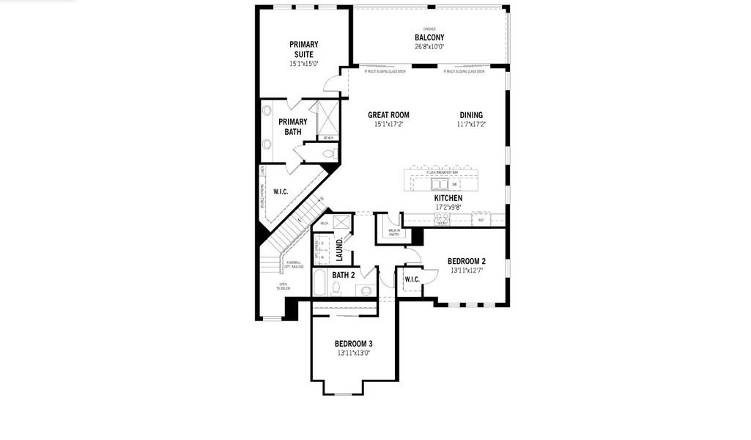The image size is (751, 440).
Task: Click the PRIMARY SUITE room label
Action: tap(303, 49)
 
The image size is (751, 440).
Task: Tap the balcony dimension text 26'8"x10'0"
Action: tap(429, 46)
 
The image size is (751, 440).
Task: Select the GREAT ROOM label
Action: tap(388, 114)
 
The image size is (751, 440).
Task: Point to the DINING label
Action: tap(471, 114)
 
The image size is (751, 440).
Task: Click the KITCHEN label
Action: tap(448, 198)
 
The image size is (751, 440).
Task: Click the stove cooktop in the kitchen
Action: tap(442, 219)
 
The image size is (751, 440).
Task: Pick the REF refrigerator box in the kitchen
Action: tap(481, 219)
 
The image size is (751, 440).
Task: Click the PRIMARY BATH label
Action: tap(293, 127)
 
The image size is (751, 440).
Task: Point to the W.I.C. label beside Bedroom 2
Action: tap(411, 279)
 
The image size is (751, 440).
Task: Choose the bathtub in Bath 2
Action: tap(320, 283)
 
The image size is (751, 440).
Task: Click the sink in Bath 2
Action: tap(366, 290)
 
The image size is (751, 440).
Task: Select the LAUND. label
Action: tap(340, 249)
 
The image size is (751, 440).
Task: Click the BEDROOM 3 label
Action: tap(354, 343)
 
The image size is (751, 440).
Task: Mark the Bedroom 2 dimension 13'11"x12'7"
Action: tap(467, 271)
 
